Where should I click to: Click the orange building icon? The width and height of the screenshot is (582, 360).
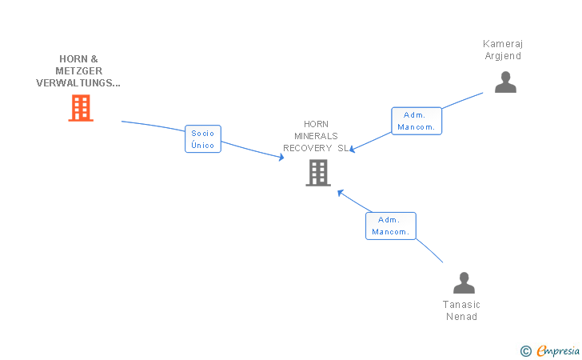pos(81,108)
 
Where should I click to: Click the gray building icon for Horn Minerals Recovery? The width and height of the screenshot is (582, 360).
pos(318,173)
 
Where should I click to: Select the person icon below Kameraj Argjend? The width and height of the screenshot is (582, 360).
pos(505,82)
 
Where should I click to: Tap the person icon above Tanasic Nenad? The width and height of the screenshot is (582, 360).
pos(464,282)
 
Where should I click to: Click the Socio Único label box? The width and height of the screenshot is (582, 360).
pos(203,139)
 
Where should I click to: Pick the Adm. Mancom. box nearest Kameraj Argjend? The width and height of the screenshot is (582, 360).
pos(417,121)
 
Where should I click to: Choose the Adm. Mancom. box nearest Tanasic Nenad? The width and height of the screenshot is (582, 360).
pos(391,226)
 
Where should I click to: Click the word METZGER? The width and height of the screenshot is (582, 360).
pos(78,71)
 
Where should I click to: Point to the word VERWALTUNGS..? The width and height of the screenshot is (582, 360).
pos(75,83)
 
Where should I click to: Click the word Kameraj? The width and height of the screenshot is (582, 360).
pos(503,44)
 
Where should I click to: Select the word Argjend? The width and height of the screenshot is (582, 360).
pos(503,56)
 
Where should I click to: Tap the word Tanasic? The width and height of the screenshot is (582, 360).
pos(461,305)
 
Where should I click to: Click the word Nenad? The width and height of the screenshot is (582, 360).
pos(461,317)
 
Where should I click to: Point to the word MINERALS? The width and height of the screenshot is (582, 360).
pos(316,136)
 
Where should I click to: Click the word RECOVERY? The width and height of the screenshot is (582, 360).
pos(307,148)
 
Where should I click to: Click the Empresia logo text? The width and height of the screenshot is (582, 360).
pos(558,350)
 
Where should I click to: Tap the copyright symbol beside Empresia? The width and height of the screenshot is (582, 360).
pos(525,351)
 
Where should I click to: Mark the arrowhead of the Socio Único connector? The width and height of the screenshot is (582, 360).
pos(281,157)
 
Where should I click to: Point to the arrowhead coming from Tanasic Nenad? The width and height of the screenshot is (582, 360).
pos(340,193)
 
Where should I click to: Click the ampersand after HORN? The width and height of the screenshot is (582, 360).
pos(94,59)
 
